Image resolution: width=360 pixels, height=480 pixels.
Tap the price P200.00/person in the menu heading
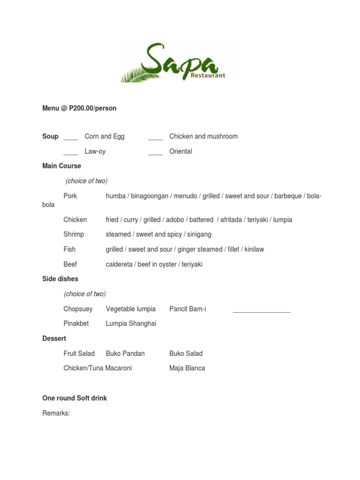click(92, 108)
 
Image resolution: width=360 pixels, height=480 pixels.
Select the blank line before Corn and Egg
click(71, 138)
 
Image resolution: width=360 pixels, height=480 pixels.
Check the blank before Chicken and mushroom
click(155, 138)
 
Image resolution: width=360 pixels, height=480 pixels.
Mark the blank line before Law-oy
click(71, 153)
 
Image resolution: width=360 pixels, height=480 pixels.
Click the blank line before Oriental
click(155, 153)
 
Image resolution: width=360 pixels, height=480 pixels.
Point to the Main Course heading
click(61, 166)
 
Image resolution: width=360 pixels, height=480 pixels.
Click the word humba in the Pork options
click(115, 196)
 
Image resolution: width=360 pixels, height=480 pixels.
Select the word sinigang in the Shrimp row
click(199, 234)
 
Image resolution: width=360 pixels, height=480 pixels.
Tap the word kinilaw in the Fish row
click(254, 249)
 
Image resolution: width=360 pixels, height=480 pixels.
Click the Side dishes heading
click(60, 279)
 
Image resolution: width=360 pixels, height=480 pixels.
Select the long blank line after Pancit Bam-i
click(262, 311)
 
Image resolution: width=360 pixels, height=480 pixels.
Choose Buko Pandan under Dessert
click(125, 353)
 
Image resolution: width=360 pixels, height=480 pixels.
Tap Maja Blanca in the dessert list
click(187, 368)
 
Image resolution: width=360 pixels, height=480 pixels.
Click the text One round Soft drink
click(75, 398)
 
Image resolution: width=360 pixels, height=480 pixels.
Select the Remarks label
click(56, 413)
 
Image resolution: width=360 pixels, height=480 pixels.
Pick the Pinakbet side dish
click(76, 323)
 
